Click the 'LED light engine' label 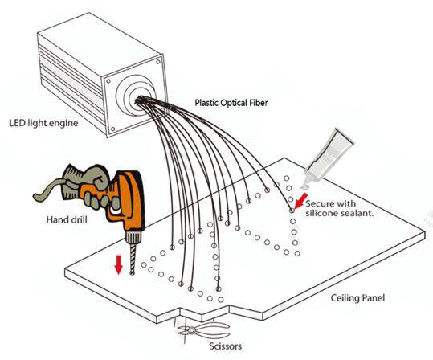[43, 123]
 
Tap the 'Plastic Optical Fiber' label [231, 103]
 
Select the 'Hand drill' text [67, 219]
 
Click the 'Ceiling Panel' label [357, 298]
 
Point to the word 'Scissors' [225, 346]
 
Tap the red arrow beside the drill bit [119, 264]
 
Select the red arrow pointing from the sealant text [300, 201]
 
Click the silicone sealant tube [327, 158]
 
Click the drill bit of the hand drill [133, 260]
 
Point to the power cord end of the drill [37, 197]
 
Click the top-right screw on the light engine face [158, 62]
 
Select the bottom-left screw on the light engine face [112, 129]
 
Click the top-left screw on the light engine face [108, 81]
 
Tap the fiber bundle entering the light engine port [141, 100]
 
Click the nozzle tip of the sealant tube [304, 187]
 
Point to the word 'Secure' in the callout [317, 203]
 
